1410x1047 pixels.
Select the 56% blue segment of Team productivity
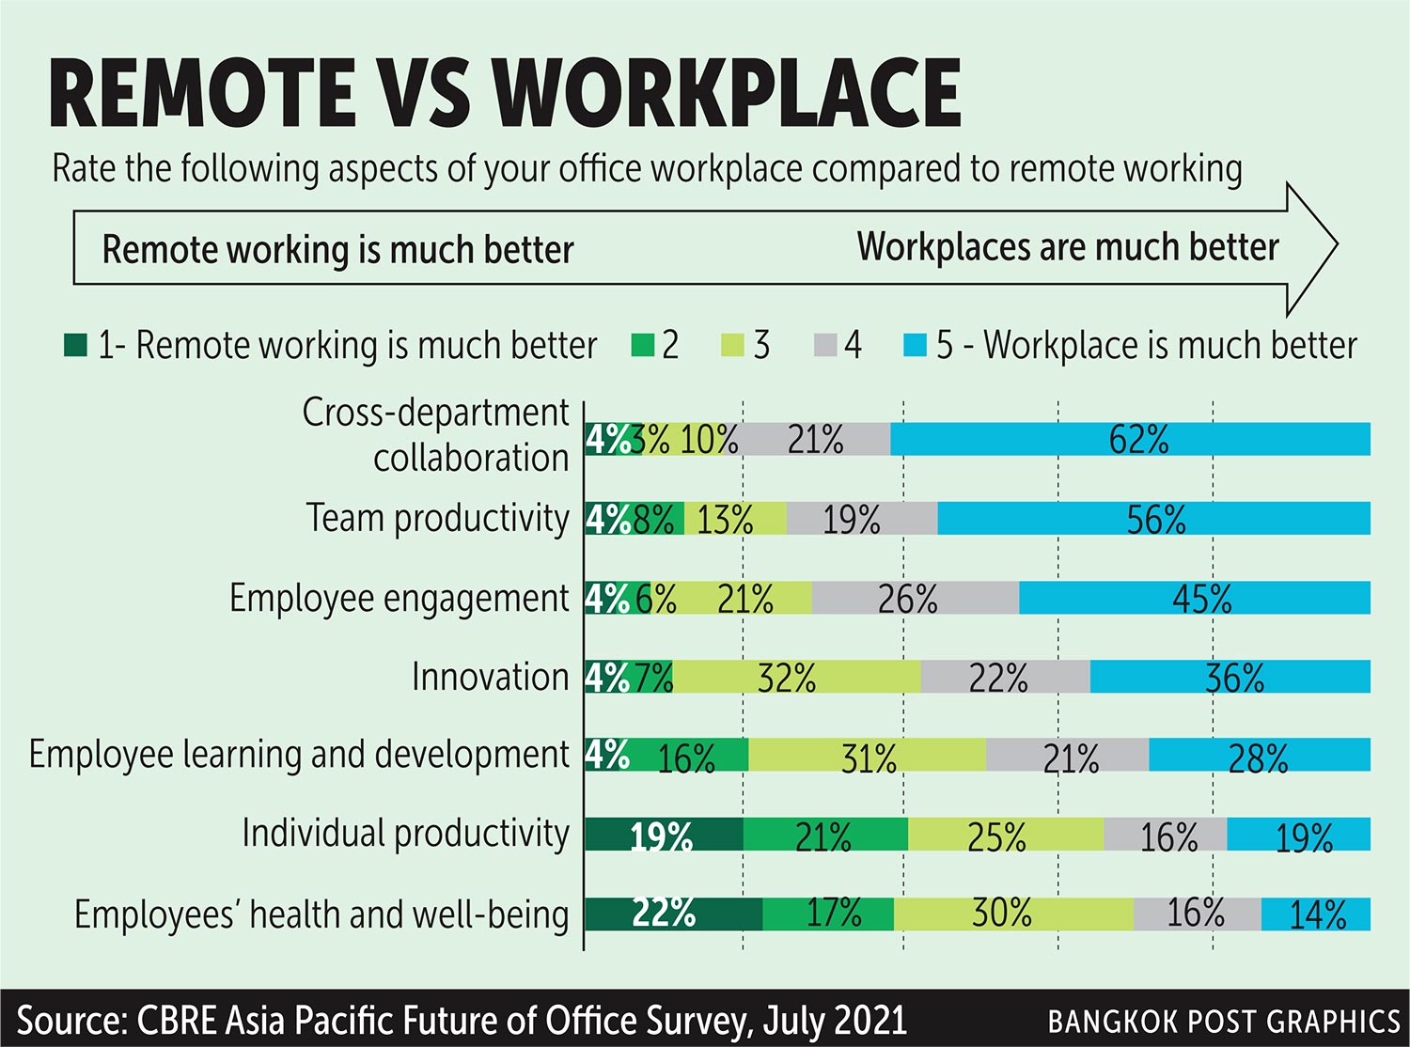coord(1153,519)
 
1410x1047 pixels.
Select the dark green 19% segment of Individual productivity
coord(664,835)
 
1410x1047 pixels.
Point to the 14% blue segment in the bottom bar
coord(1315,914)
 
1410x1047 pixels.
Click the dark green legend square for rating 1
coord(75,345)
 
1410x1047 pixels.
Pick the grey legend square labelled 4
coord(824,345)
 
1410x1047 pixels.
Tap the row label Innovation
coord(490,677)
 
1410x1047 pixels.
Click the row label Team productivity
coord(437,518)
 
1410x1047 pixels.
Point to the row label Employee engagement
coord(399,598)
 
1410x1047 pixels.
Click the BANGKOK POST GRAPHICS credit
coord(1223,1021)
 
